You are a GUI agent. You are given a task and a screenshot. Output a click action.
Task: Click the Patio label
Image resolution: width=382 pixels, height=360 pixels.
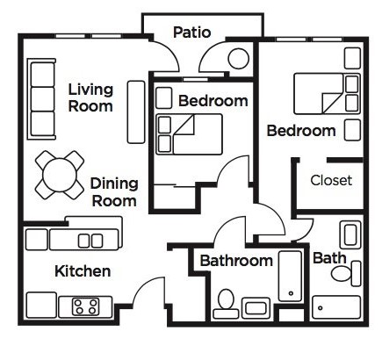[x=191, y=32]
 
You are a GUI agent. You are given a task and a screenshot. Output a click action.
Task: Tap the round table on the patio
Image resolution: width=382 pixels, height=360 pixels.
[x=239, y=59]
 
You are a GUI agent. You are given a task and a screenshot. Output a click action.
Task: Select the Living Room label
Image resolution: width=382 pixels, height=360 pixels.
[x=90, y=97]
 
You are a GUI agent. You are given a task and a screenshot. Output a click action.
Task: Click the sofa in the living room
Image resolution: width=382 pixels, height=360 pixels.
[x=41, y=99]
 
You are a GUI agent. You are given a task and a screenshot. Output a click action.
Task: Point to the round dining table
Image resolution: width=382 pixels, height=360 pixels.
[x=60, y=175]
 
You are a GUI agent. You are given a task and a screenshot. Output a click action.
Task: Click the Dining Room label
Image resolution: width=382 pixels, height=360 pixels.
[x=114, y=192]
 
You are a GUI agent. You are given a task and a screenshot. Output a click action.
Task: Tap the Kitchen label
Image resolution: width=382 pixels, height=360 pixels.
[x=83, y=271]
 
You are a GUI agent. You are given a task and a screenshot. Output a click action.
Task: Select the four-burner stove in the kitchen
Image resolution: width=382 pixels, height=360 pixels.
[x=86, y=306]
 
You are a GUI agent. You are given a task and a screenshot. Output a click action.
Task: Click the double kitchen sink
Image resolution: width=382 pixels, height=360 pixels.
[x=90, y=241]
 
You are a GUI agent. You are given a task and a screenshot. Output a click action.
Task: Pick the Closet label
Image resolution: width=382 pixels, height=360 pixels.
[x=331, y=180]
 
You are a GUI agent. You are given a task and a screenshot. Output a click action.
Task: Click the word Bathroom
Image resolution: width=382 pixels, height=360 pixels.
[x=236, y=261]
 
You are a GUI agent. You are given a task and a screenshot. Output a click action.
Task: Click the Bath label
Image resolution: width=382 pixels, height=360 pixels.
[x=329, y=258]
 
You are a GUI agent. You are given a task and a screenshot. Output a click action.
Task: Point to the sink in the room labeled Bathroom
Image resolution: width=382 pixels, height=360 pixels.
[x=256, y=308]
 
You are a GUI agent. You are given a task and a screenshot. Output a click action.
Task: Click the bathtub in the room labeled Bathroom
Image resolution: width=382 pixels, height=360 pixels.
[x=290, y=276]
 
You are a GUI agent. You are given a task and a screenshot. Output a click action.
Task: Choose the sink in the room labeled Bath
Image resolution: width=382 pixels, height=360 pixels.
[x=350, y=235]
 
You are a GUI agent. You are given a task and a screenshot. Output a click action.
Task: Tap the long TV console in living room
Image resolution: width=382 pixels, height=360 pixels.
[x=136, y=112]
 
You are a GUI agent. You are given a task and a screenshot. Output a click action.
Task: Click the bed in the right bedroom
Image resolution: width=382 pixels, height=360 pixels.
[x=327, y=94]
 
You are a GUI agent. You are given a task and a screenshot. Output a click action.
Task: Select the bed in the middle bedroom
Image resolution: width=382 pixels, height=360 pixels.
[x=189, y=134]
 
